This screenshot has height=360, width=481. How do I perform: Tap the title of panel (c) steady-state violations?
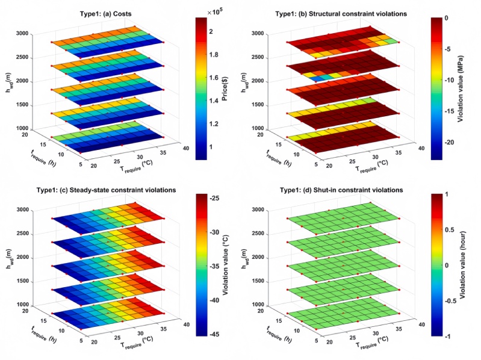click(x=110, y=190)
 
